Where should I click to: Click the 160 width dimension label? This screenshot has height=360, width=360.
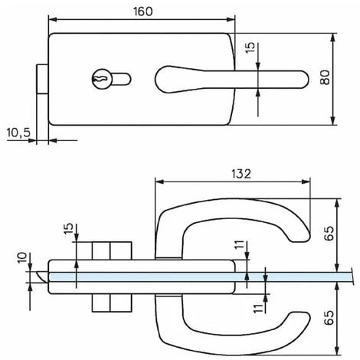point(143,11)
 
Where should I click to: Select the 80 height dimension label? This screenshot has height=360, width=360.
point(325,77)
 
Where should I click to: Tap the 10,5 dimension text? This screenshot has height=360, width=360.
point(18,133)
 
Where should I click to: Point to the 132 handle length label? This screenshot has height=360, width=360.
point(241,174)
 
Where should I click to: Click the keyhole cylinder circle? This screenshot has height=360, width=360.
point(102,79)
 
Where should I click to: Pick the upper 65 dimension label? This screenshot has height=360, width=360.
point(329,234)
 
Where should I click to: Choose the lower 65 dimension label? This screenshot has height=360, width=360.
point(329,318)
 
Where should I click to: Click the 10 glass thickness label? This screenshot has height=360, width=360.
point(22,257)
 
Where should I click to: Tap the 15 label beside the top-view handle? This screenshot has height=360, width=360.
point(250,47)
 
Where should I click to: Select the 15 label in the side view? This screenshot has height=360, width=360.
point(68,228)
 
